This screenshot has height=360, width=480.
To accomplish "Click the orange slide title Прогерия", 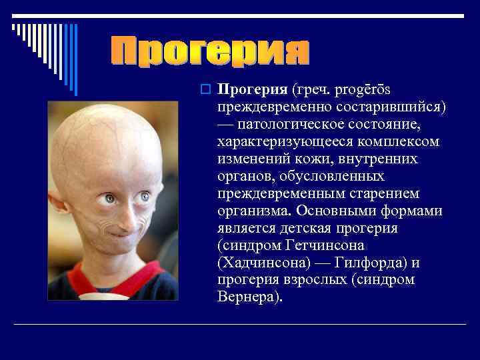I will [x=209, y=52].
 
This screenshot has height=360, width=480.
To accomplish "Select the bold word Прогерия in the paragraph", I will [x=253, y=89].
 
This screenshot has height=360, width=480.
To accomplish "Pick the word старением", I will [x=395, y=193].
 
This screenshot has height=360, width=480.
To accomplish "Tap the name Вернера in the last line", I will [x=243, y=297].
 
